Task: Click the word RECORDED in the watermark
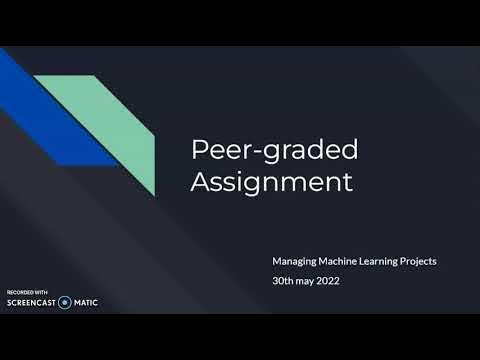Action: point(17,290)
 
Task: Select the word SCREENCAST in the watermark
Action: point(30,301)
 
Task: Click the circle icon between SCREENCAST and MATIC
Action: point(65,301)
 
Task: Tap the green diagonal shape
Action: point(120,120)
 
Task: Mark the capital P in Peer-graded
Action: point(199,150)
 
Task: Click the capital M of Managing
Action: point(277,261)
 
